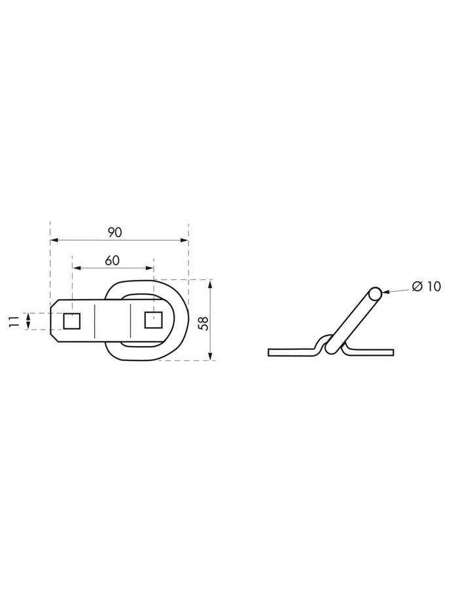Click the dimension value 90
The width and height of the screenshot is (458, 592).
point(114,232)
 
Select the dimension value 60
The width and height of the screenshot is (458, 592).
point(113,260)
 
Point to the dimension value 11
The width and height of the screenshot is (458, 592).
point(14,321)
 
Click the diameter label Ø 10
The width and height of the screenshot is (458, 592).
point(427,287)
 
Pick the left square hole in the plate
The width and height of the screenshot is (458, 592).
point(71,321)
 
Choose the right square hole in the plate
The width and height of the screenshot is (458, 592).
point(154,320)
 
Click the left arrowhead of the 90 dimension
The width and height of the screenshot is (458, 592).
point(54,240)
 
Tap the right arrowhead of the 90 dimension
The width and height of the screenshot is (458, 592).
point(185,240)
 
